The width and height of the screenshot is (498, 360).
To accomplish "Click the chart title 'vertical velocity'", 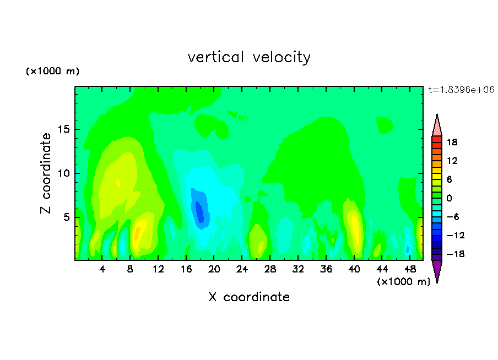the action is pos(249,57).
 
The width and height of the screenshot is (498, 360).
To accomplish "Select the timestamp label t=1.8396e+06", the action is pos(461,90).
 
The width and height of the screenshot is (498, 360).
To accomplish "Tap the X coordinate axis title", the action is pos(249,297).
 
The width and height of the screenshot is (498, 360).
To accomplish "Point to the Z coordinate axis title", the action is pos(46,173).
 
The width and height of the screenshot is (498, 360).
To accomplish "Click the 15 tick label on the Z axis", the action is pos(63,129).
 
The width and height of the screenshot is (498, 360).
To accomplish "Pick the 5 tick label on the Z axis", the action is pos(66,217).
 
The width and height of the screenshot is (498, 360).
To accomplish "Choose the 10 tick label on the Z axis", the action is pos(63,173).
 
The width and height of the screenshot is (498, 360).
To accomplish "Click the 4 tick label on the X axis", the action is pos(102,269).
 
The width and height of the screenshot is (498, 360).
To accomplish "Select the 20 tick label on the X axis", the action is pos(214,269).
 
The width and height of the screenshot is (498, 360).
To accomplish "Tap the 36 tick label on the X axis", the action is pos(326,269).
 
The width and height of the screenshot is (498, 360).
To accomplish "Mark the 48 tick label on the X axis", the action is pos(410,269).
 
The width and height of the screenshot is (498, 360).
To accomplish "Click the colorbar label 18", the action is pos(452,142).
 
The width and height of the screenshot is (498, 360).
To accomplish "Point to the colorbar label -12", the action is pos(456,235).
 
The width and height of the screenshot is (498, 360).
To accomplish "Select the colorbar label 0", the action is pos(449,198).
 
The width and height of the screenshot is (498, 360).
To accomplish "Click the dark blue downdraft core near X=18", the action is pos(199,211).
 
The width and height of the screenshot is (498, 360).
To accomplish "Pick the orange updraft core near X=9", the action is pos(137,234).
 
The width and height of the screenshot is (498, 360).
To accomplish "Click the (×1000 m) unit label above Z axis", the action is pos(52,71).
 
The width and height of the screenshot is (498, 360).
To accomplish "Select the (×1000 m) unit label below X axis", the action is pos(404,282).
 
